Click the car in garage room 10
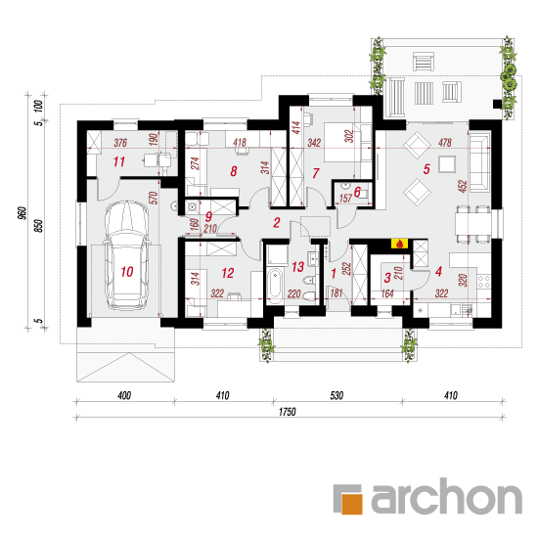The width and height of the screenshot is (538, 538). coord(126,255)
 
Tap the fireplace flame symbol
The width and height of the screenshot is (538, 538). coord(399,244)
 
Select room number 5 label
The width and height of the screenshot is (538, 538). coord(426,169)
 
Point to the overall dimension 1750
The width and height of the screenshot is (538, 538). coord(287,412)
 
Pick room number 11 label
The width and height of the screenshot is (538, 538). coord(119,161)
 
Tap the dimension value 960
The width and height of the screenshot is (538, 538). coord(22,213)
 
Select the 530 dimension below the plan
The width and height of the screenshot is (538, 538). coord(336,395)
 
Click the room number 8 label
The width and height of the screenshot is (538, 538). coord(234,171)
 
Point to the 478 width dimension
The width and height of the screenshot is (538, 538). coord(445,143)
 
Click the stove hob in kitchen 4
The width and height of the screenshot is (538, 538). coord(484,282)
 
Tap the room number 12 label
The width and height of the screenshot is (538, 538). coord(228,273)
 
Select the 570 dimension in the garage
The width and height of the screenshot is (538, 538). coord(154,198)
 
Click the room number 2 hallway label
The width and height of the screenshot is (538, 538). coord(277,223)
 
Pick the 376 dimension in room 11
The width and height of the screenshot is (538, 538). coord(120,143)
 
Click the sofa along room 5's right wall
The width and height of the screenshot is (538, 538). coord(479,163)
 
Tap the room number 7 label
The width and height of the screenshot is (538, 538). coord(316,173)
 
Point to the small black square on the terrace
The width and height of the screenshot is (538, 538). coord(497,104)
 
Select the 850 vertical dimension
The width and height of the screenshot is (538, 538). coord(39,225)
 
